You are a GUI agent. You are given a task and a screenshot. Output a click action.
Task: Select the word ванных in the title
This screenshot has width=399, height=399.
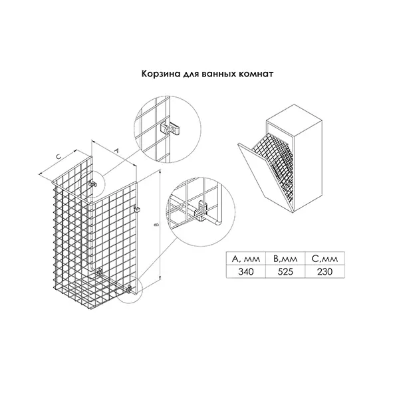[219, 74]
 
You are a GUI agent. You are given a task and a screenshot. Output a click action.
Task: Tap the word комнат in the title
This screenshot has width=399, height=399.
[256, 74]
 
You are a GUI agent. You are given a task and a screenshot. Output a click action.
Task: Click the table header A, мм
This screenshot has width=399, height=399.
[246, 259]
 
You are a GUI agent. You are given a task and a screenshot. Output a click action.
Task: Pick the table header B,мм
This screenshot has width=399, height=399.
[285, 259]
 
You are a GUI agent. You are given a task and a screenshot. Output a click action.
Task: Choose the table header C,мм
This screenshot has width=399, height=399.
[325, 259]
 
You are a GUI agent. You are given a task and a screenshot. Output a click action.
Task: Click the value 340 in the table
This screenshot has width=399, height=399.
[246, 272]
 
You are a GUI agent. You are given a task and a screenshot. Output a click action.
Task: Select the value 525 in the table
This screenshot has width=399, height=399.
[285, 272]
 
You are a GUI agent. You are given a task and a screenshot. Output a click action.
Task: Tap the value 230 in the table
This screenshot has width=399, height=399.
[325, 272]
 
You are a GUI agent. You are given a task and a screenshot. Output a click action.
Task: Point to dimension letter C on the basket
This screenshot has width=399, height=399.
[59, 157]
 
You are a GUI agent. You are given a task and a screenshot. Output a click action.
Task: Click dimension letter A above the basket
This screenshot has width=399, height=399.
[117, 150]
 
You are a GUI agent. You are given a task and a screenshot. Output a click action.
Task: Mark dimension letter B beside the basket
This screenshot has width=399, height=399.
[157, 225]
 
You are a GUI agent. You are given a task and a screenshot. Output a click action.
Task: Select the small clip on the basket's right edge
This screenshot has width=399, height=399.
[136, 209]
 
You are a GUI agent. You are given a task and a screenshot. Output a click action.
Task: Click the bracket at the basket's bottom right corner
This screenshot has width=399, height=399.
[130, 289]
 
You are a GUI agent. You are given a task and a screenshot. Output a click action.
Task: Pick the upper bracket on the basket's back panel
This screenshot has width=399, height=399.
[93, 184]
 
